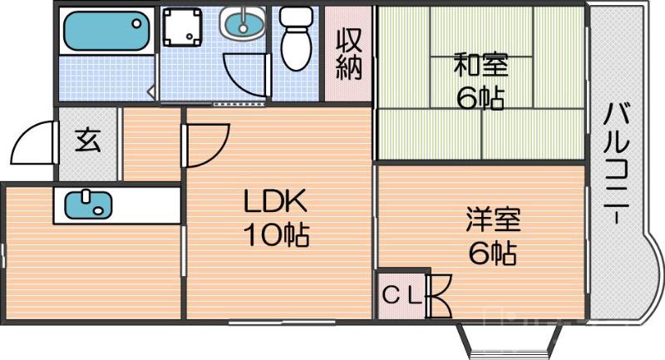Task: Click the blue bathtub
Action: point(106,30)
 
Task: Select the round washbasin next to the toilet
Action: point(243,22)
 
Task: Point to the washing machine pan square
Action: point(184,28)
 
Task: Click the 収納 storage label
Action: point(349,54)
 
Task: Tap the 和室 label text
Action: point(481,64)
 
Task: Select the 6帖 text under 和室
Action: point(480,98)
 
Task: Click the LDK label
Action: point(275,202)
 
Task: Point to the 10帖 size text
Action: point(275,236)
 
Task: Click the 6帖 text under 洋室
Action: point(491,253)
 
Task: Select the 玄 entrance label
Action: point(87,141)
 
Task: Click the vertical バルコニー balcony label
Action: point(616,163)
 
